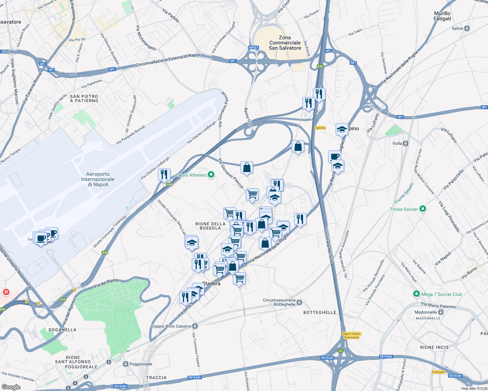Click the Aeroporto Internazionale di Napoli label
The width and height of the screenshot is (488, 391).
98,179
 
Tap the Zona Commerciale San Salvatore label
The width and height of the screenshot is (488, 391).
285,43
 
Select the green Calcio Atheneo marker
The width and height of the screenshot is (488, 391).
211,175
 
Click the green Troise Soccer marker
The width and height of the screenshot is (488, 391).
423,209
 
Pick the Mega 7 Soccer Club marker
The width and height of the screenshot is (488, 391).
416,294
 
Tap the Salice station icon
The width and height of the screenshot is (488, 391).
467,28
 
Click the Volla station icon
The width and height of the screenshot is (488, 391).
405,143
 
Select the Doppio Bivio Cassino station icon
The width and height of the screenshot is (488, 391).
195,326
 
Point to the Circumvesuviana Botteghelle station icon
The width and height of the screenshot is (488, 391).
299,302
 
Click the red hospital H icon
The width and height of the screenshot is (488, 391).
6,292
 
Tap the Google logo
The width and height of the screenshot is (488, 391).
11,387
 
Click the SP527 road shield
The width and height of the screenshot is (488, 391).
253,48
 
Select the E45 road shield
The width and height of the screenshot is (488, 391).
320,66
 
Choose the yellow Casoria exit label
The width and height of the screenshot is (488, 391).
320,128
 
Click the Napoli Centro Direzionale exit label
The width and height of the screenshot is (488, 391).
351,335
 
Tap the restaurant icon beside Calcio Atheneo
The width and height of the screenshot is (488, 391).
164,174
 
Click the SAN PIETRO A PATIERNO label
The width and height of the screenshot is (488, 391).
84,98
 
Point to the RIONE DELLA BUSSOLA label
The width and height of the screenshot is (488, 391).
210,226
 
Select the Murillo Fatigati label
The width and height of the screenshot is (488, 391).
442,16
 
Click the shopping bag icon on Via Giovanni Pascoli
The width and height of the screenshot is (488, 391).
247,167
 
